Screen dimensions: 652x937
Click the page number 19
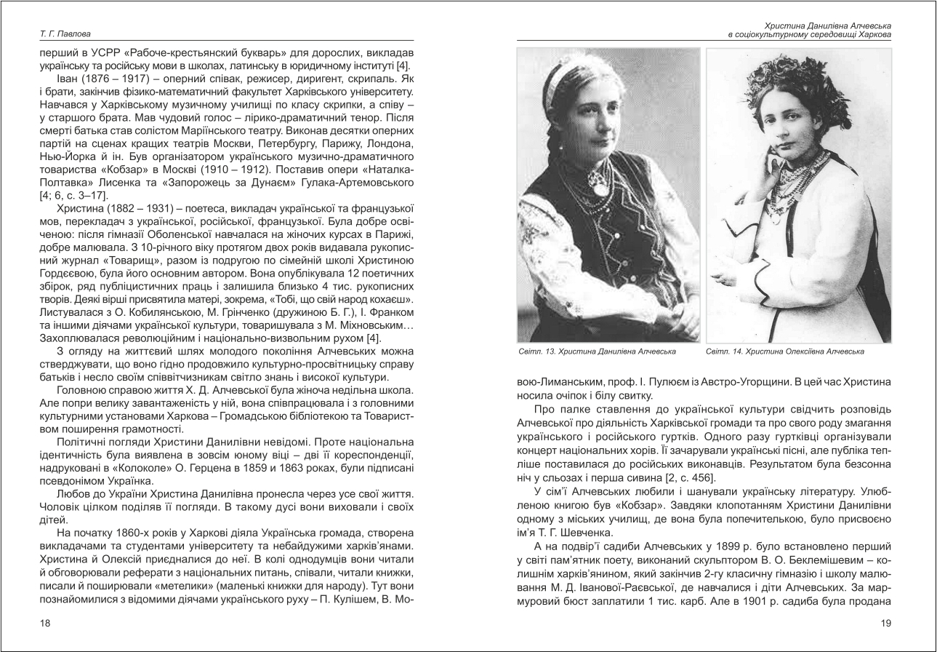[x=885, y=623]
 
